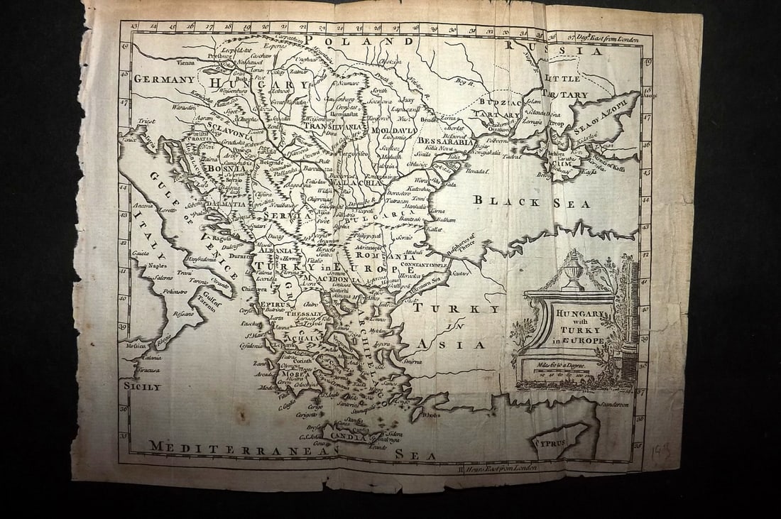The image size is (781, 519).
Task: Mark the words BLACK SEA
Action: [x=532, y=202]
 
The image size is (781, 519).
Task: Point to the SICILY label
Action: [x=142, y=387]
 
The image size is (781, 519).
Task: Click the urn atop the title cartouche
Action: [x=572, y=270]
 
